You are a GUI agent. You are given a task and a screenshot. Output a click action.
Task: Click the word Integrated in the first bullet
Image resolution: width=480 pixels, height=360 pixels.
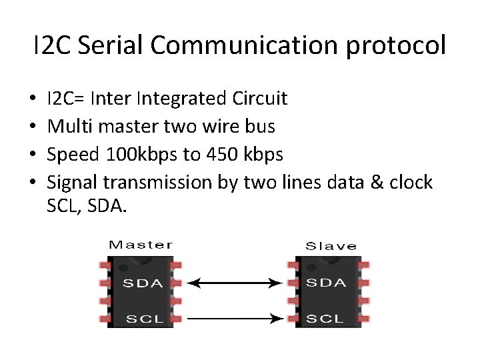pos(181,99)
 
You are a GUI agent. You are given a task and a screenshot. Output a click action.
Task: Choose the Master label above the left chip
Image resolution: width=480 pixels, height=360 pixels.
pos(141,245)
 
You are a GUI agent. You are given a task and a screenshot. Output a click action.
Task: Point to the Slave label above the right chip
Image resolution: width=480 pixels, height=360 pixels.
pos(331,246)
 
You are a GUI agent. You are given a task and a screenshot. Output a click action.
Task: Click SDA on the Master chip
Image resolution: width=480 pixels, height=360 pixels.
pos(143,283)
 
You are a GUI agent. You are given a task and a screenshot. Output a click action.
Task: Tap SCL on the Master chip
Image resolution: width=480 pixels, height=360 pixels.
pos(145,319)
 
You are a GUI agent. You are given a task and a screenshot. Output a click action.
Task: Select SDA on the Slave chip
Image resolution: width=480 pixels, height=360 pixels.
pos(327,283)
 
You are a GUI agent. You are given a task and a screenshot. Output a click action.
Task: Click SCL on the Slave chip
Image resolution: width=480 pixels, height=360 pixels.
pos(325,319)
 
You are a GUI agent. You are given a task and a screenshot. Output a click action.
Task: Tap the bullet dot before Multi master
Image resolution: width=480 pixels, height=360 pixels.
pos(33,127)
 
